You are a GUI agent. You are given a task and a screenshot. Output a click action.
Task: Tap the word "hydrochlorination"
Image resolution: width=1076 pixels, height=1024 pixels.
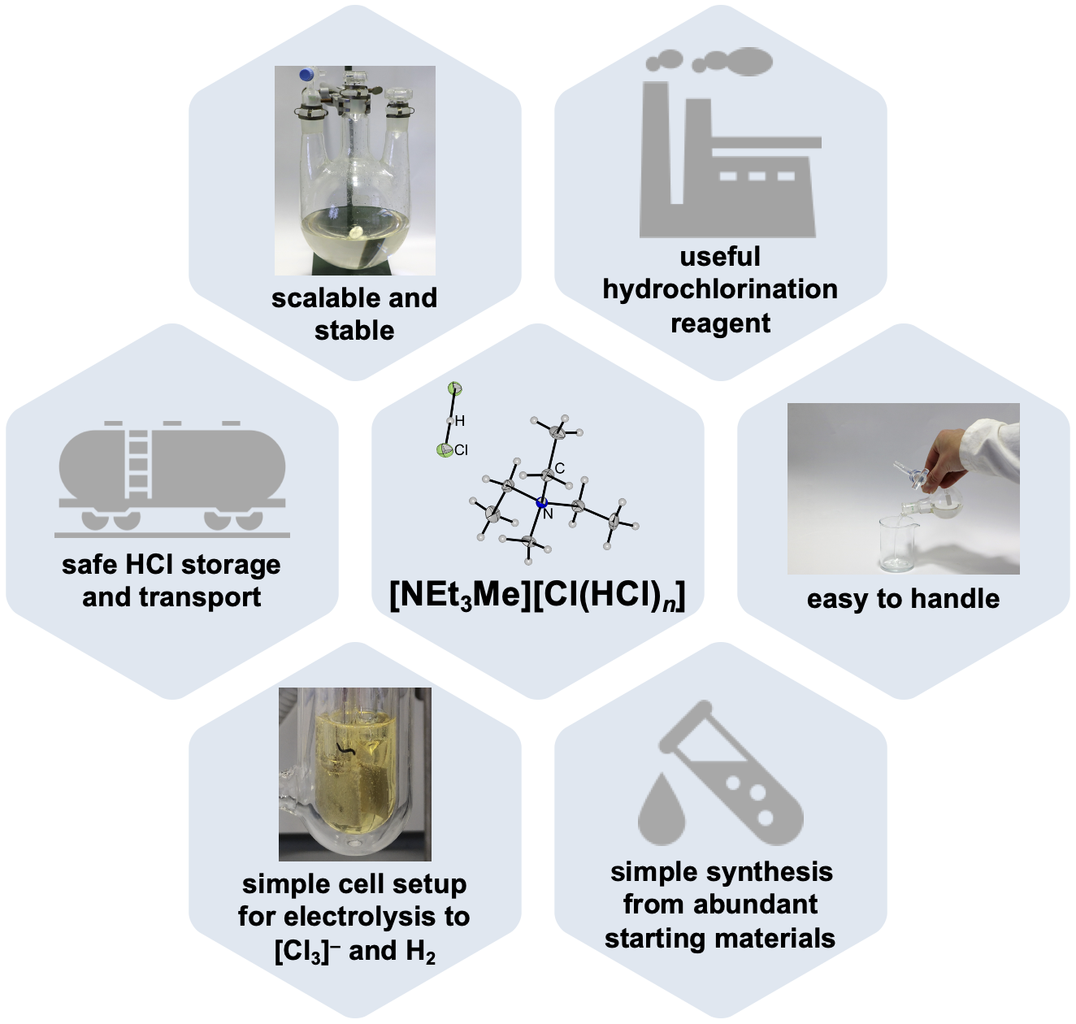[x=720, y=290]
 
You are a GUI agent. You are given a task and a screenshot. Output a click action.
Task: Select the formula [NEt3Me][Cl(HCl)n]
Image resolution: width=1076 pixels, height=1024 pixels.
[x=537, y=596]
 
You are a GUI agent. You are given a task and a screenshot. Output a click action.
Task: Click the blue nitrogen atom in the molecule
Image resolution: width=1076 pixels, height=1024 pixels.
[x=542, y=502]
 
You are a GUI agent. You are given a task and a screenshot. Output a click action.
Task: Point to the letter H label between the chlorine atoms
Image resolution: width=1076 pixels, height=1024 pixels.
[x=460, y=421]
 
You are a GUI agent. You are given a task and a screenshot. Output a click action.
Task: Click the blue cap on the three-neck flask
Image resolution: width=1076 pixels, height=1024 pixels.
[x=307, y=75]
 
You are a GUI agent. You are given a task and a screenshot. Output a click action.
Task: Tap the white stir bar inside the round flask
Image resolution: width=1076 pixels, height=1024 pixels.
[x=356, y=232]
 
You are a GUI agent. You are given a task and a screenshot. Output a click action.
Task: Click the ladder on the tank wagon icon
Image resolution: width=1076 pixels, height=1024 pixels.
[x=137, y=463]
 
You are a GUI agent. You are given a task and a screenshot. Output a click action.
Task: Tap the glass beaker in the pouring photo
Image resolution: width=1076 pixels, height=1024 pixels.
[x=896, y=545]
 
